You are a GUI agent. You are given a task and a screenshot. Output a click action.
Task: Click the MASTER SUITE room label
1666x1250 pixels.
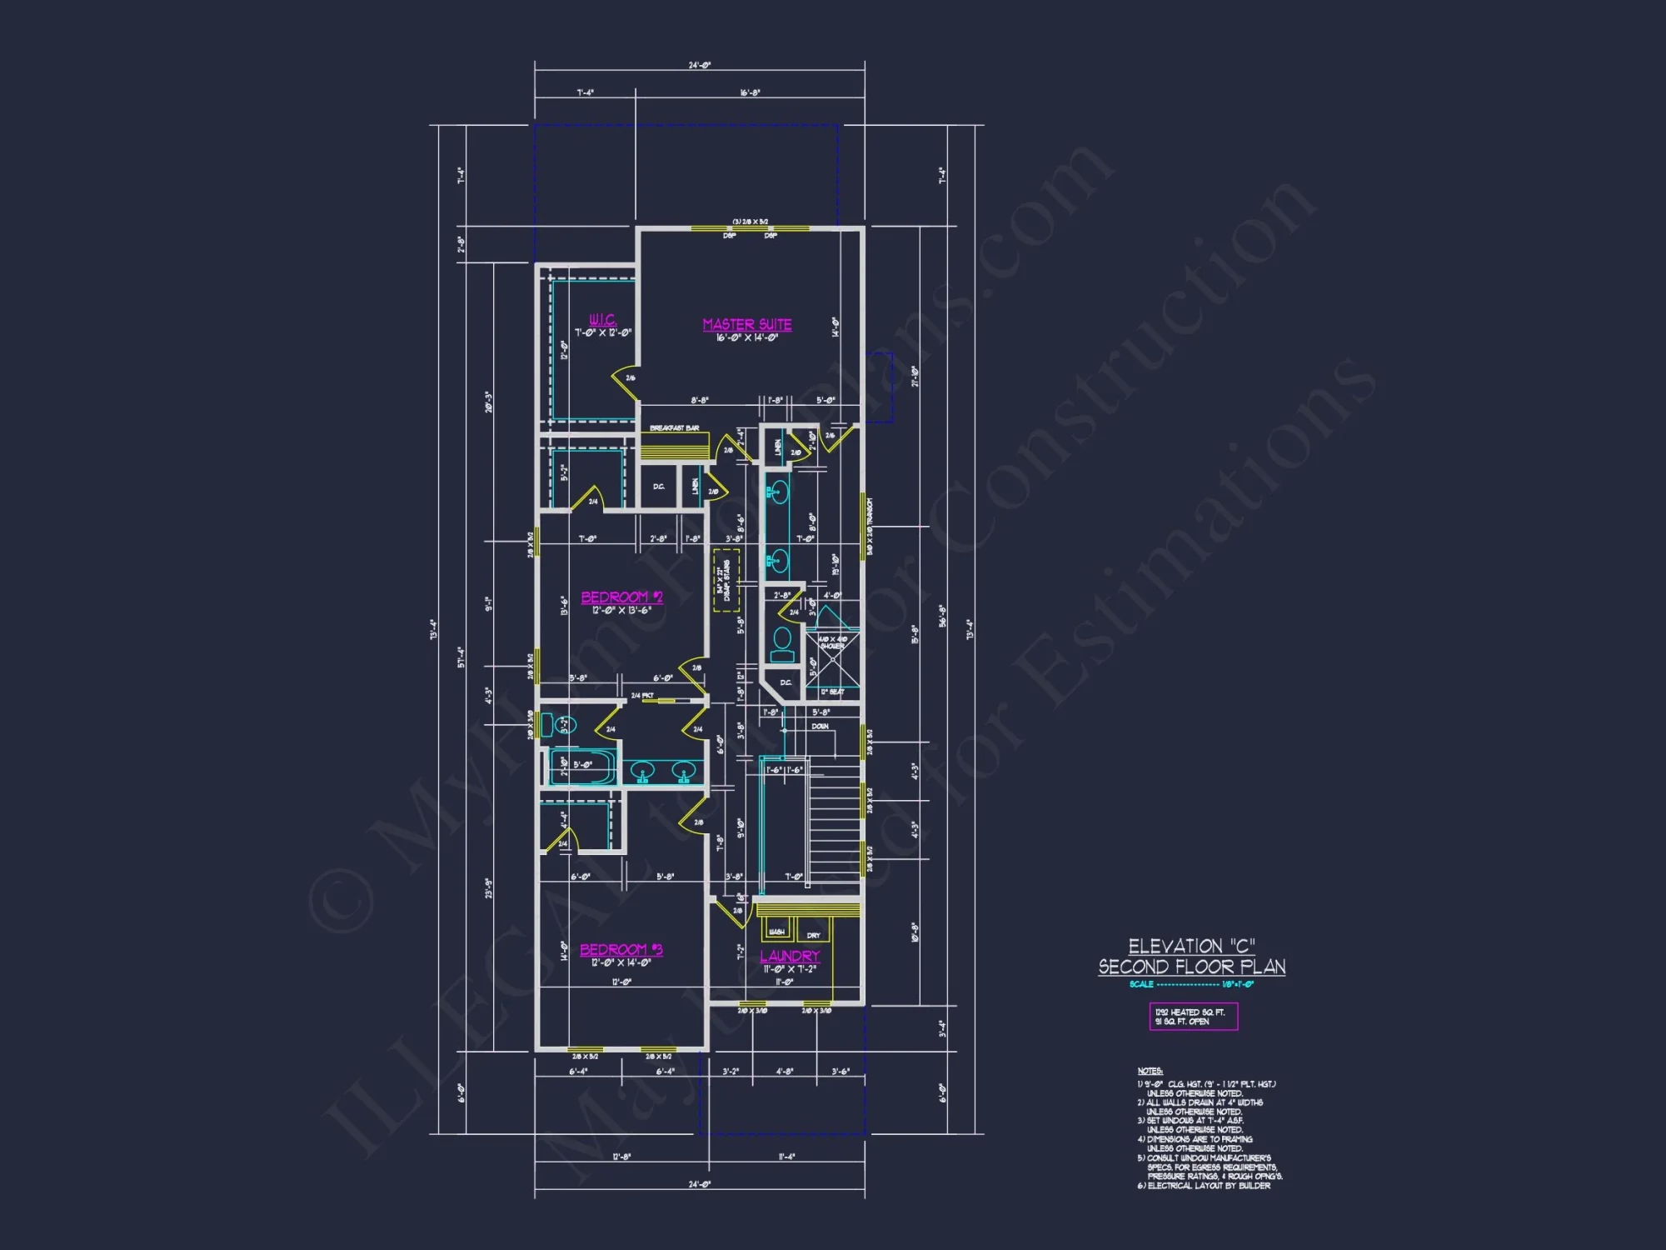(x=746, y=324)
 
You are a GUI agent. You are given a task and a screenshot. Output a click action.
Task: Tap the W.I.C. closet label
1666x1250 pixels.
(x=602, y=320)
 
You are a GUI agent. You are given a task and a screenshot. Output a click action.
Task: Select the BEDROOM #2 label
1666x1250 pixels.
(x=621, y=597)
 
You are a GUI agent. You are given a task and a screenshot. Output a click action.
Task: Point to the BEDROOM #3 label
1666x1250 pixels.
(x=621, y=949)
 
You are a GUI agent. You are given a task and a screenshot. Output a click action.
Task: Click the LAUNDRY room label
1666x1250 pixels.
(x=790, y=956)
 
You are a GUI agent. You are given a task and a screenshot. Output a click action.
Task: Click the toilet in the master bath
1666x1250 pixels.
(x=781, y=643)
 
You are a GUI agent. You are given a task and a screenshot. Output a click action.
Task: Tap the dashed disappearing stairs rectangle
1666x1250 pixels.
(x=726, y=580)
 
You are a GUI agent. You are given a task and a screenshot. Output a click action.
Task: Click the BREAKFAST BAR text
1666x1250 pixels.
(x=674, y=427)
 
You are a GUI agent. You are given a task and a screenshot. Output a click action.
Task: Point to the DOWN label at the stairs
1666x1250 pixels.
(x=820, y=726)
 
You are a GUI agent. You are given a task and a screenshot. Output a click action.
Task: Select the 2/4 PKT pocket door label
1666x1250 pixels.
(x=642, y=695)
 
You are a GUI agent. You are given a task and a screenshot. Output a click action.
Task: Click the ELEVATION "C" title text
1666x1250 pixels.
(x=1191, y=946)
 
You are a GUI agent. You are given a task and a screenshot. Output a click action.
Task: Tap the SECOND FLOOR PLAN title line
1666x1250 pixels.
(x=1191, y=967)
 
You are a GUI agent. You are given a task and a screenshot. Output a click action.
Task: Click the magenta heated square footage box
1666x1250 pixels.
(x=1193, y=1017)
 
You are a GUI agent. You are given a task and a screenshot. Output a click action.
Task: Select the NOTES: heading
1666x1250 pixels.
(x=1150, y=1071)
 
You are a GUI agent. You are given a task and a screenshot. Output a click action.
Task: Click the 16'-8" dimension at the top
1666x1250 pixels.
(x=750, y=92)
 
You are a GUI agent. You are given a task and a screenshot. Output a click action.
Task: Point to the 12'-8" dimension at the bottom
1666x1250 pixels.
(x=621, y=1157)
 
